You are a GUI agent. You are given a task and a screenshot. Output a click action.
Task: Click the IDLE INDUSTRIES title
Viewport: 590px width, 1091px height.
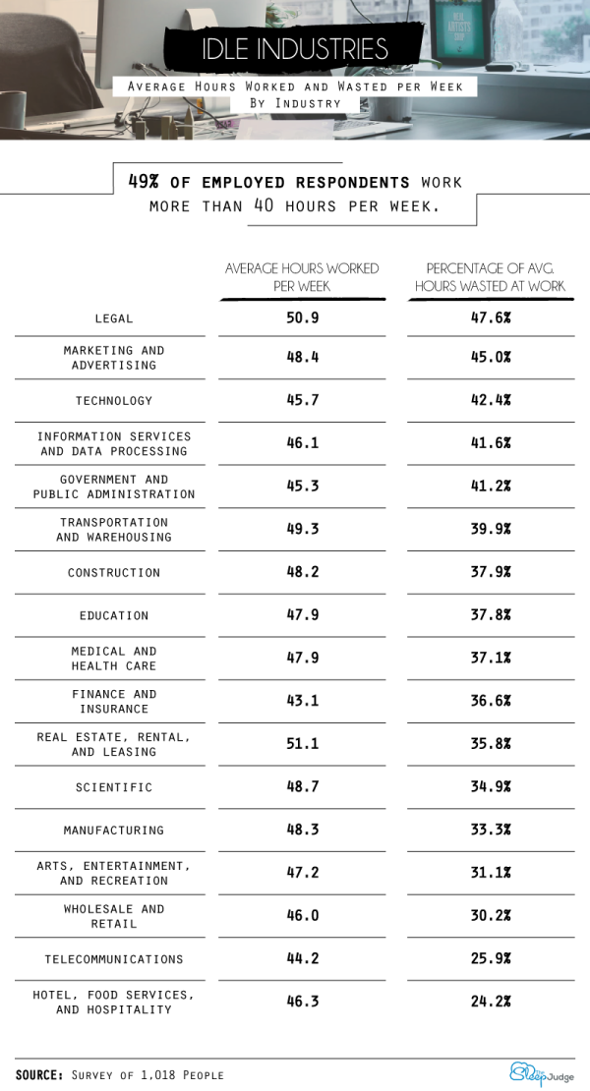pos(295,49)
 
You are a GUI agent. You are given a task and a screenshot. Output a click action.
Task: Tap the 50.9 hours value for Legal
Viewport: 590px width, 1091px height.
pos(303,317)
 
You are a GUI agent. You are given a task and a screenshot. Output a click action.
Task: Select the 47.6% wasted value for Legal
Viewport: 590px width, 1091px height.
pos(491,317)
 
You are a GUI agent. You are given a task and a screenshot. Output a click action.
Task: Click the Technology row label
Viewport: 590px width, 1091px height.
pos(114,401)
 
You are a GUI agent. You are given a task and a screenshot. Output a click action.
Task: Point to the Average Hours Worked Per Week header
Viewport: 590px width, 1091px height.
pos(302,276)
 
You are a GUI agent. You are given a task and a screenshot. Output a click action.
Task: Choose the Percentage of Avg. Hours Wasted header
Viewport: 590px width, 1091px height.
pos(491,276)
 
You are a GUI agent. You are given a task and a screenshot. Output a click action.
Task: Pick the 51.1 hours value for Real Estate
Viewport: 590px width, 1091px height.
pos(303,744)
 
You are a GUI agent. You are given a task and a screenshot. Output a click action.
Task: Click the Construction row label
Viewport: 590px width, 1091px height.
pos(114,573)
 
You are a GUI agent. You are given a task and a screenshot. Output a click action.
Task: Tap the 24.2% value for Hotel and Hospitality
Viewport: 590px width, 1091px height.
pos(491,1002)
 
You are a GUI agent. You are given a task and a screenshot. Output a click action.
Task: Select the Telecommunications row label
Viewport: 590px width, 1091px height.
pos(114,959)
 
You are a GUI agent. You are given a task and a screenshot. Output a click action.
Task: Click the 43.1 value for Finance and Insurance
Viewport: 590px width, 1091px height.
pos(303,701)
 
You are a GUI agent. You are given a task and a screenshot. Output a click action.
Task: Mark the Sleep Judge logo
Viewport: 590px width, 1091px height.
pos(542,1073)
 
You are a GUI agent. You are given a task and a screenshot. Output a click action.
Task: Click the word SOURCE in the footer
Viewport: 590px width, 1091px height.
pos(39,1074)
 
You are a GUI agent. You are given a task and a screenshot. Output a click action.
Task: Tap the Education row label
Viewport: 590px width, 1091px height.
pos(114,615)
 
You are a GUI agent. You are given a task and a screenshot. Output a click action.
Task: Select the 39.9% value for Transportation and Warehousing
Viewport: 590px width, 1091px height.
pos(491,530)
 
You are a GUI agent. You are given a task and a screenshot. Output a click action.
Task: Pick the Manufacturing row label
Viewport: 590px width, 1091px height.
pos(114,831)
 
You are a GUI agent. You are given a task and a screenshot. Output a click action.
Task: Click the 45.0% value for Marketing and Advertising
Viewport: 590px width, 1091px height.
pos(491,357)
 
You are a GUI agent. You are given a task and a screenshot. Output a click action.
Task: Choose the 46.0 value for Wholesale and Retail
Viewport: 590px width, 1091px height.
pos(303,916)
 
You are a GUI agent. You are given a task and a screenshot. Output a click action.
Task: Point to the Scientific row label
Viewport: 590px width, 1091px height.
pos(114,787)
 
